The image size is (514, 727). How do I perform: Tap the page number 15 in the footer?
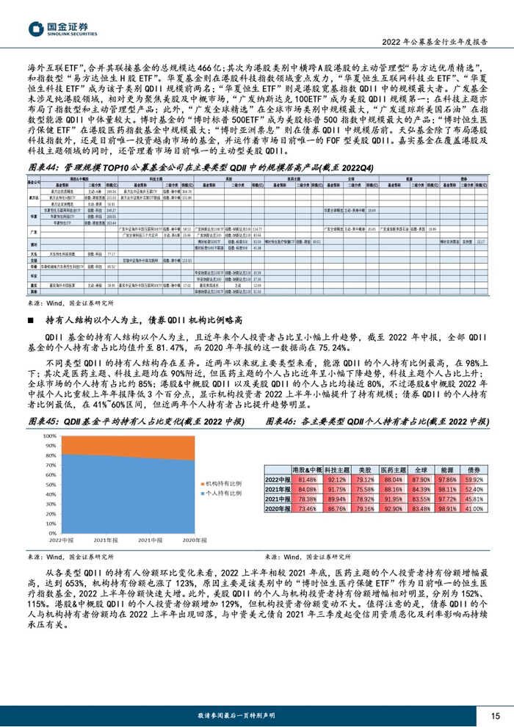pyautogui.click(x=496, y=715)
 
